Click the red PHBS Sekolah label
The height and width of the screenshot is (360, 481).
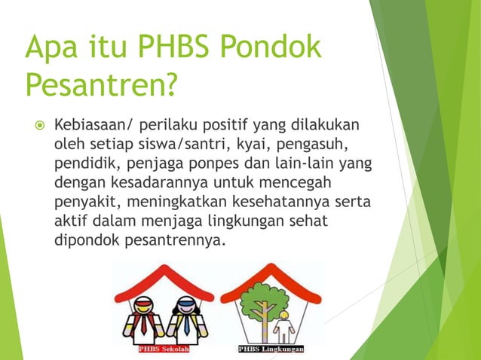pos(165,349)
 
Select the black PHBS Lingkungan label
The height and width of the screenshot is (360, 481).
pos(271,349)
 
